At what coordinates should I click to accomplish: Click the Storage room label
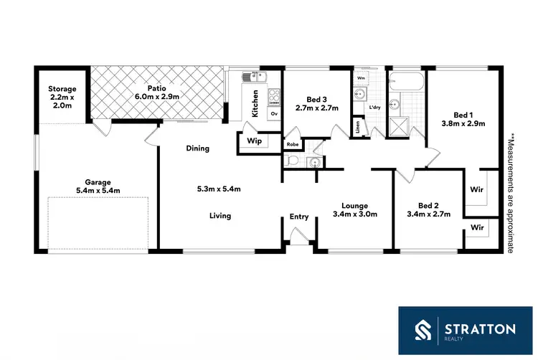(x=62, y=89)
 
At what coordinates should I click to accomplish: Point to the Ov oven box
(x=273, y=114)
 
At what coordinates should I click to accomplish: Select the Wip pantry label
(x=254, y=141)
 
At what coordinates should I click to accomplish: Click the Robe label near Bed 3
(x=293, y=144)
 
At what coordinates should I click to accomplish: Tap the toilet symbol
(x=291, y=162)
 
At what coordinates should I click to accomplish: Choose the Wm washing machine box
(x=361, y=77)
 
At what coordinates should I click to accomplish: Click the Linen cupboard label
(x=358, y=128)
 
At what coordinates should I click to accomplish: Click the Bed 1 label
(x=463, y=115)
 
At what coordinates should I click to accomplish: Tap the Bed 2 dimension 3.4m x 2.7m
(x=428, y=214)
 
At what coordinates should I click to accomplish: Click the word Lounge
(x=354, y=204)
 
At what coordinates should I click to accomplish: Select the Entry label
(x=299, y=217)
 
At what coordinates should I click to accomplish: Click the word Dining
(x=198, y=148)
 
